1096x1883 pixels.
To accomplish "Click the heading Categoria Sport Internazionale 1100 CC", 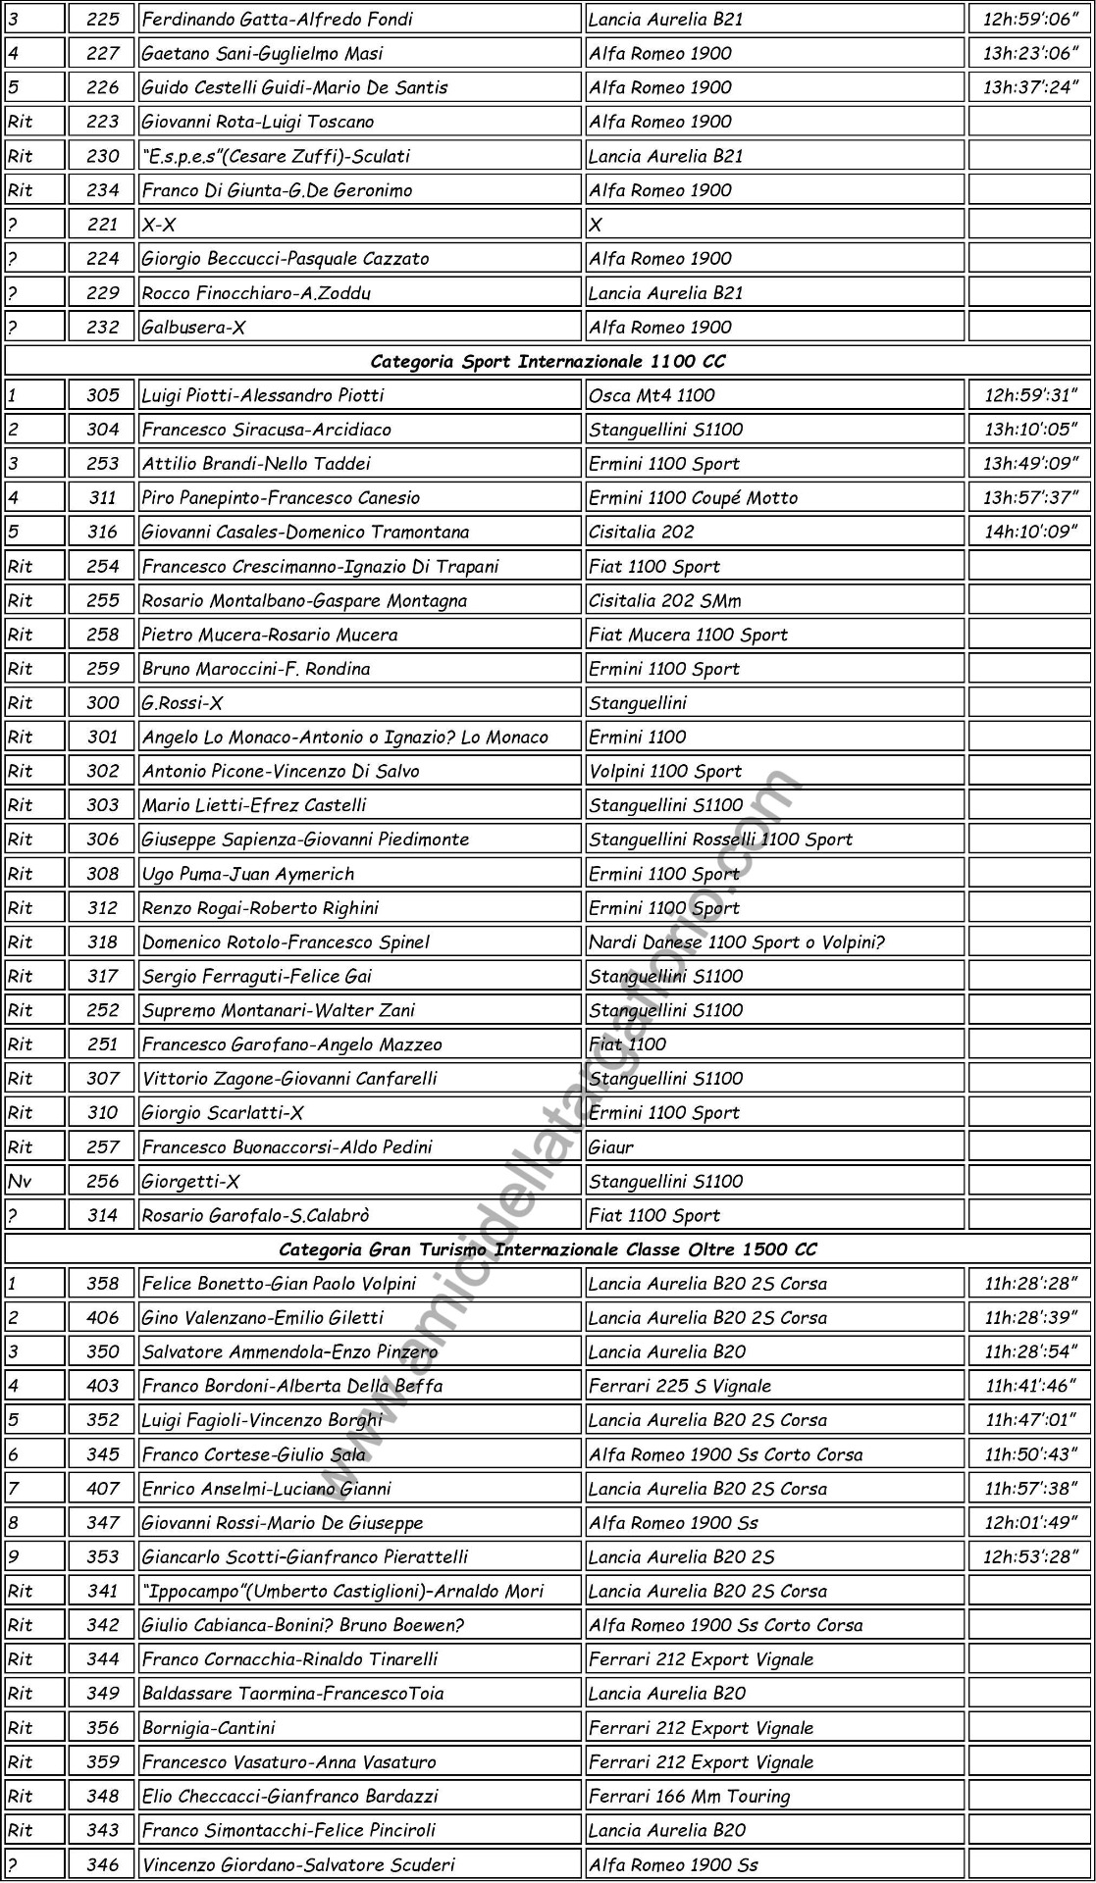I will click(x=548, y=361).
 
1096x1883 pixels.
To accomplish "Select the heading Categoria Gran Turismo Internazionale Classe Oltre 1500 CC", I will click(x=548, y=1249).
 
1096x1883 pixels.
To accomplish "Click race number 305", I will click(x=102, y=395).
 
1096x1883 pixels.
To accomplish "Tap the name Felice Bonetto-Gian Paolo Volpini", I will click(x=280, y=1284).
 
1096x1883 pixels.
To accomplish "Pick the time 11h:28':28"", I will click(x=1030, y=1284).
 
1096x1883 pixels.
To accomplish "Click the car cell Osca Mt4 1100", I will click(x=652, y=395).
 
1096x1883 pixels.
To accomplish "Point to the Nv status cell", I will click(x=21, y=1181).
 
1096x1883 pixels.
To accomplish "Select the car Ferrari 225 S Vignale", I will click(x=680, y=1386).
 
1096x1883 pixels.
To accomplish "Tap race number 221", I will click(x=102, y=225).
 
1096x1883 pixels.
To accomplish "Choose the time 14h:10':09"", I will click(x=1030, y=532).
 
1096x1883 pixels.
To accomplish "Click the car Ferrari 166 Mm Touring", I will click(x=689, y=1796).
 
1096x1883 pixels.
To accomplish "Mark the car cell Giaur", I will click(x=611, y=1146).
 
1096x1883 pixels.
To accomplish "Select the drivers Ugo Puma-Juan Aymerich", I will click(x=248, y=874).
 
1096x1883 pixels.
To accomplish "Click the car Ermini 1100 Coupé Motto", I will click(x=694, y=497).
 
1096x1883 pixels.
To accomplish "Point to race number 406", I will click(x=102, y=1318).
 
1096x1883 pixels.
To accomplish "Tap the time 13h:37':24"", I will click(x=1030, y=87).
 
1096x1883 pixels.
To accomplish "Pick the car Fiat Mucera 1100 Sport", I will click(x=689, y=635).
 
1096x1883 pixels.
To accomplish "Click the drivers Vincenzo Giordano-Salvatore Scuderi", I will click(x=298, y=1864).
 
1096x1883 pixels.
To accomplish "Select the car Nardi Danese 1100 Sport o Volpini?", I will click(x=737, y=941).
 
